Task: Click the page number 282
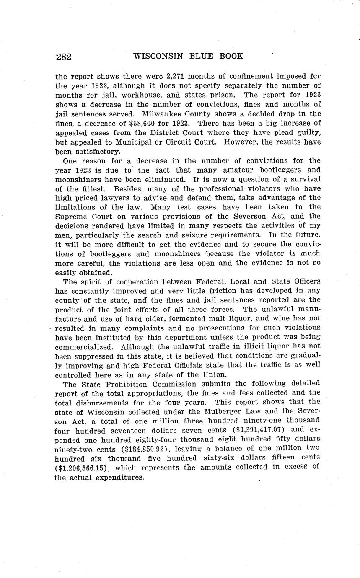click(63, 57)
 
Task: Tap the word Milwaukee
click(162, 114)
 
